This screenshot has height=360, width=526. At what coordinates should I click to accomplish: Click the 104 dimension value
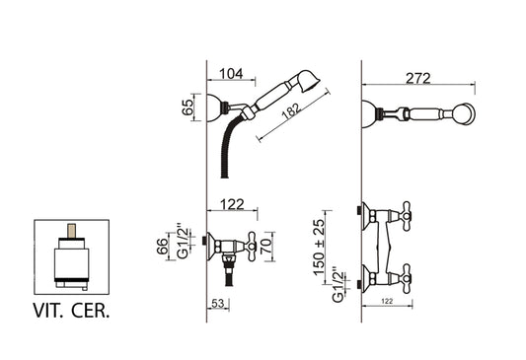pyautogui.click(x=231, y=74)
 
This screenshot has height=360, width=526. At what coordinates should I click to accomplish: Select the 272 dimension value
pyautogui.click(x=418, y=79)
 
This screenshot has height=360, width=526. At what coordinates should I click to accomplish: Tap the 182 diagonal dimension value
pyautogui.click(x=290, y=110)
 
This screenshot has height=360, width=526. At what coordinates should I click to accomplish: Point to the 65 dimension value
pyautogui.click(x=188, y=108)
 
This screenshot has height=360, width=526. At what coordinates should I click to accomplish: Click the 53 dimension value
pyautogui.click(x=217, y=304)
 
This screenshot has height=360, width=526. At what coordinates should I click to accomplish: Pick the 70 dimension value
pyautogui.click(x=266, y=247)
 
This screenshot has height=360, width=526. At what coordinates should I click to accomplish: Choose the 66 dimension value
pyautogui.click(x=163, y=247)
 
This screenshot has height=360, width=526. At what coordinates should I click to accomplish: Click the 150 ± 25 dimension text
pyautogui.click(x=319, y=247)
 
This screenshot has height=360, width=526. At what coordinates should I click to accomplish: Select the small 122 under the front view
pyautogui.click(x=387, y=301)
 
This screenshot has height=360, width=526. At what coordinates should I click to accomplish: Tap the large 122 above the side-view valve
pyautogui.click(x=232, y=204)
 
